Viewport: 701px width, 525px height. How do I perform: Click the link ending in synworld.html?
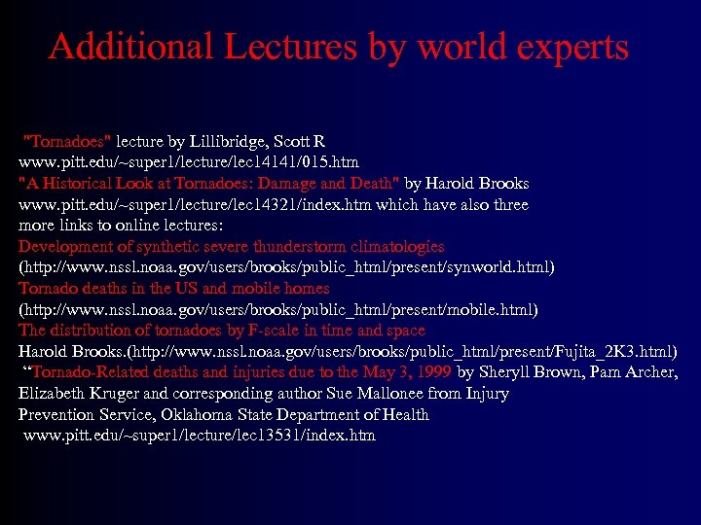click(286, 267)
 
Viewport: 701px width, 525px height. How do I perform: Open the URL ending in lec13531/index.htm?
click(199, 436)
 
